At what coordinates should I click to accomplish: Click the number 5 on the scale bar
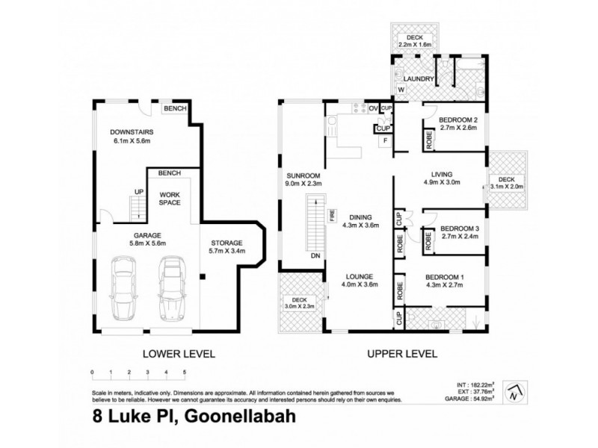click(184, 371)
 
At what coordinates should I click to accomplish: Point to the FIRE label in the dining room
click(331, 217)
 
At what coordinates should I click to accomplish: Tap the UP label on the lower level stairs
click(138, 192)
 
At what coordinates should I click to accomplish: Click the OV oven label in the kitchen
click(374, 108)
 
